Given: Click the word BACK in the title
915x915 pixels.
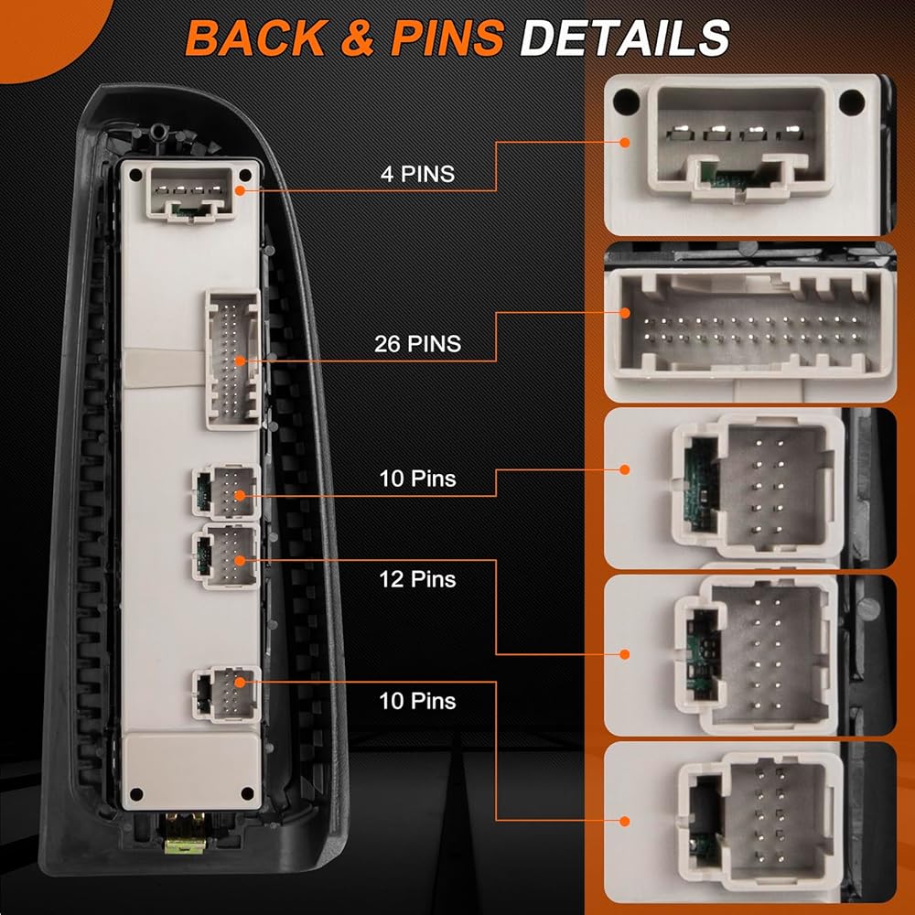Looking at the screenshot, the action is coord(256,38).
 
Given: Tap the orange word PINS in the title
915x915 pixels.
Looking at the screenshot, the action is coord(447,38).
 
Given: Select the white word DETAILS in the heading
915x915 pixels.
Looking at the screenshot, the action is coord(624,38).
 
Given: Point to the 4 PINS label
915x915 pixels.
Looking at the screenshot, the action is coord(418,174).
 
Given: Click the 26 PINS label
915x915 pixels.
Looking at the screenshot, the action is coord(418,344).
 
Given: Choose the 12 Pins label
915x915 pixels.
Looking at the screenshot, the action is coord(418,579).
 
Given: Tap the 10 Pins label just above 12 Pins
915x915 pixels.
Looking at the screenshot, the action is coord(418,479).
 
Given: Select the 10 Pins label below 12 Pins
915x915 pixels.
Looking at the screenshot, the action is coord(418,701).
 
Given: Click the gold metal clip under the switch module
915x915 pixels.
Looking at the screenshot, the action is coord(185,834).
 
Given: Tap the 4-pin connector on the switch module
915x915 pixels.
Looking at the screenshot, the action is coord(190,193).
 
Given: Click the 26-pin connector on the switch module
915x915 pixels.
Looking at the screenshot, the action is coord(232,359).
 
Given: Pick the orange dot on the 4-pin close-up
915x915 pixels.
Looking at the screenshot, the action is coord(625,143).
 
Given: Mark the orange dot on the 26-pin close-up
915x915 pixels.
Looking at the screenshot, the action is coord(625,313).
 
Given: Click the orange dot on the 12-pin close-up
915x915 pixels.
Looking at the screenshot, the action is coord(625,654).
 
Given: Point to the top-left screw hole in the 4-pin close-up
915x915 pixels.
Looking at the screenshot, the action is coord(626,102).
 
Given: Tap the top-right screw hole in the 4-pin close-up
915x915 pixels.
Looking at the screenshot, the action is coord(851,102).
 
